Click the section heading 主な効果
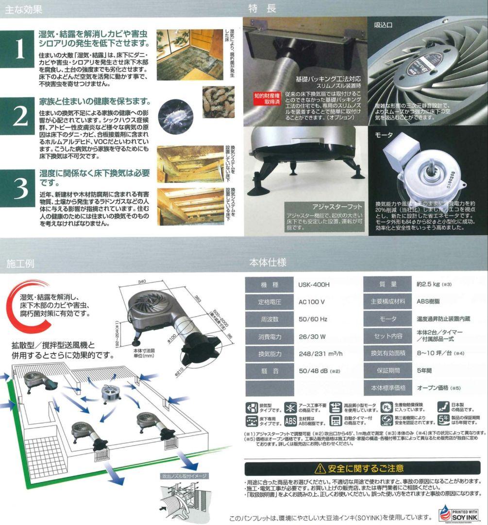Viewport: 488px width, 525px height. [24, 9]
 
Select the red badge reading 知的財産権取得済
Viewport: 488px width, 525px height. [267, 99]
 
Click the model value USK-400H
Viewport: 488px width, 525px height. [315, 284]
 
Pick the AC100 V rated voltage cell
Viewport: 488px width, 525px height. [312, 301]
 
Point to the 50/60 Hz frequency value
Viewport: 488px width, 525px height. [313, 319]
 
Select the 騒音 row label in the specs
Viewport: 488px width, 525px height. [270, 370]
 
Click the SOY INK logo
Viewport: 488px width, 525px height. [458, 513]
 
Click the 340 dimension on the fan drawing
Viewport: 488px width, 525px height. [142, 281]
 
